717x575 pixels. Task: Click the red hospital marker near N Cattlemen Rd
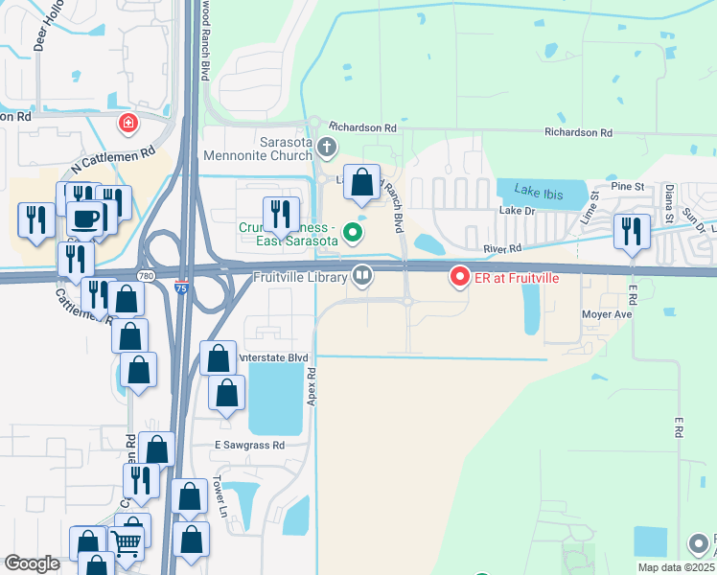pyautogui.click(x=127, y=124)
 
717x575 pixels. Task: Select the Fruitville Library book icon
pyautogui.click(x=362, y=276)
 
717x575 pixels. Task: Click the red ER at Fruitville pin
pyautogui.click(x=459, y=277)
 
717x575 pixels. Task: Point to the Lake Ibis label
pyautogui.click(x=534, y=189)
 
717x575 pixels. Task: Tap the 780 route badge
pyautogui.click(x=145, y=276)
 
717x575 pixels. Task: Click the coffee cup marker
pyautogui.click(x=84, y=218)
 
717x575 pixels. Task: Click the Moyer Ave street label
pyautogui.click(x=606, y=314)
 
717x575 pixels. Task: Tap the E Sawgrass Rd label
pyautogui.click(x=249, y=446)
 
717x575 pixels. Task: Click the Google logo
pyautogui.click(x=33, y=563)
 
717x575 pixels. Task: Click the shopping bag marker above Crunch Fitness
pyautogui.click(x=361, y=182)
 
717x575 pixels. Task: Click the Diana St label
pyautogui.click(x=670, y=203)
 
